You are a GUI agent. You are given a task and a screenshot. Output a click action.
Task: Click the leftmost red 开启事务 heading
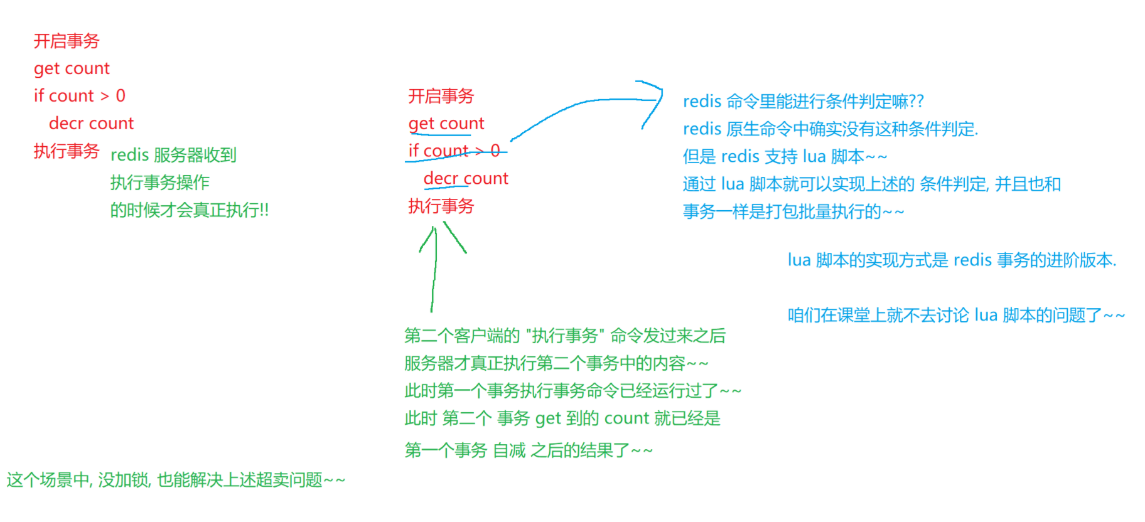[x=66, y=41]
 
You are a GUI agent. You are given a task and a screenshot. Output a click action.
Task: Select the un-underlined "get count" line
[x=72, y=68]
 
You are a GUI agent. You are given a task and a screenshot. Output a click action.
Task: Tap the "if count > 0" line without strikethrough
[x=80, y=96]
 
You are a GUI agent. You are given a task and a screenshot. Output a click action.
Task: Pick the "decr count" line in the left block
[x=91, y=124]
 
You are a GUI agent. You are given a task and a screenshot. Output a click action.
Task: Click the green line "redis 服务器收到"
[x=173, y=155]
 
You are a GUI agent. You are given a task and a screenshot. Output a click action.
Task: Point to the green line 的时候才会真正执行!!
[x=189, y=210]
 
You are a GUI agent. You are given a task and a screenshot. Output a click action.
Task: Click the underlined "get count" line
[x=446, y=124]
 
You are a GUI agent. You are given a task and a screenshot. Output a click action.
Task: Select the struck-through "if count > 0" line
[x=454, y=151]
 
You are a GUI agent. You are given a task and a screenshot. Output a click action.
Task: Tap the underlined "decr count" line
[x=465, y=179]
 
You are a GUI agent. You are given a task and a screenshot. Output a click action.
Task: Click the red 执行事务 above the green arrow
[x=441, y=206]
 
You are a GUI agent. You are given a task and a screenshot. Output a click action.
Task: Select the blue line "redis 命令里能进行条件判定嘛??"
[x=803, y=102]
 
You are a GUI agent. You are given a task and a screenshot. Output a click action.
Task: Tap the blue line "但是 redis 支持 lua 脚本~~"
[x=785, y=157]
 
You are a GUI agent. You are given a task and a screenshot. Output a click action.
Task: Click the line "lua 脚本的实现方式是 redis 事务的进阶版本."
[x=952, y=260]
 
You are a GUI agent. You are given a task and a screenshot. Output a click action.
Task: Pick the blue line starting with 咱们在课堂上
[x=955, y=316]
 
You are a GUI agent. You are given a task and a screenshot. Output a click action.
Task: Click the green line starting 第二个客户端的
[x=564, y=336]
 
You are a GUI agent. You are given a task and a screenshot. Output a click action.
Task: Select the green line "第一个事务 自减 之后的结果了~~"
[x=529, y=450]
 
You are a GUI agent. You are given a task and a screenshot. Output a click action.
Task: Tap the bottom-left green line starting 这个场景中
[x=176, y=481]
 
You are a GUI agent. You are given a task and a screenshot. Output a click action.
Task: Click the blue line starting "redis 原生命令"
[x=830, y=129]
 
